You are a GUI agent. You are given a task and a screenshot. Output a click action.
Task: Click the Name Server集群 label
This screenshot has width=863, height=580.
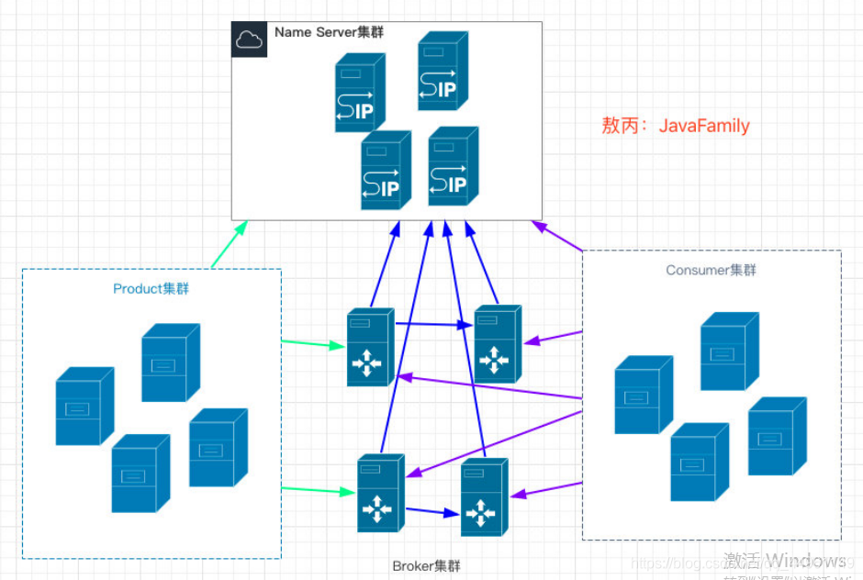(329, 32)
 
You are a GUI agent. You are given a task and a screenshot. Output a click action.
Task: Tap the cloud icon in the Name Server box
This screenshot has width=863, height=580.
(249, 39)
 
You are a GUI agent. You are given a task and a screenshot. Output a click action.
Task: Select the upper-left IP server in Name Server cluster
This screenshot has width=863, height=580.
(359, 93)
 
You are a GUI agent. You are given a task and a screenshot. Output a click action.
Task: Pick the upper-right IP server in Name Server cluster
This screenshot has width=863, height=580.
(443, 71)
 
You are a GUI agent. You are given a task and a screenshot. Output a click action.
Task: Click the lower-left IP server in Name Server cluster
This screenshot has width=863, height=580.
(385, 170)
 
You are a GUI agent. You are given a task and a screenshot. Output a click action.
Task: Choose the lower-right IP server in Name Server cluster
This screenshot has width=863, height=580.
(453, 166)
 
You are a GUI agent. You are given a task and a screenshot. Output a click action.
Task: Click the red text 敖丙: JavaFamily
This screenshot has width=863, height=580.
(676, 126)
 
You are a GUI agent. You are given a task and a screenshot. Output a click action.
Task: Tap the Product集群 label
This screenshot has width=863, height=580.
(151, 289)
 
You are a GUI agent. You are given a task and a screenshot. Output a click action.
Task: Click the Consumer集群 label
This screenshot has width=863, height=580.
(712, 270)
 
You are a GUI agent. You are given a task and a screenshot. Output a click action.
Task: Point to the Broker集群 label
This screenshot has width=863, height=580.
(426, 564)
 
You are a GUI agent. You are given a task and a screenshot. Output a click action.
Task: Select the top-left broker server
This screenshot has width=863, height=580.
(370, 346)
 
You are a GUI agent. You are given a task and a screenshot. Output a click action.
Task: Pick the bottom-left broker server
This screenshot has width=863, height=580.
(380, 492)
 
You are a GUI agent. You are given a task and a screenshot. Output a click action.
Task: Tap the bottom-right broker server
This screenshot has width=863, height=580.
(484, 497)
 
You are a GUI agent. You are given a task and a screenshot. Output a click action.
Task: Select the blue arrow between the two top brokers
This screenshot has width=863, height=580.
(433, 324)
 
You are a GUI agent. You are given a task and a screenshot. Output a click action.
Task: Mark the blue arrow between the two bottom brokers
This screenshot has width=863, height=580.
(431, 512)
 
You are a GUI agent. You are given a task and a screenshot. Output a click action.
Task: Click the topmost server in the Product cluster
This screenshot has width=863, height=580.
(170, 362)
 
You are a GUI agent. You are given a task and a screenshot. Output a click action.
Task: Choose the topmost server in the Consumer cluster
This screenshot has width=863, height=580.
(729, 351)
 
